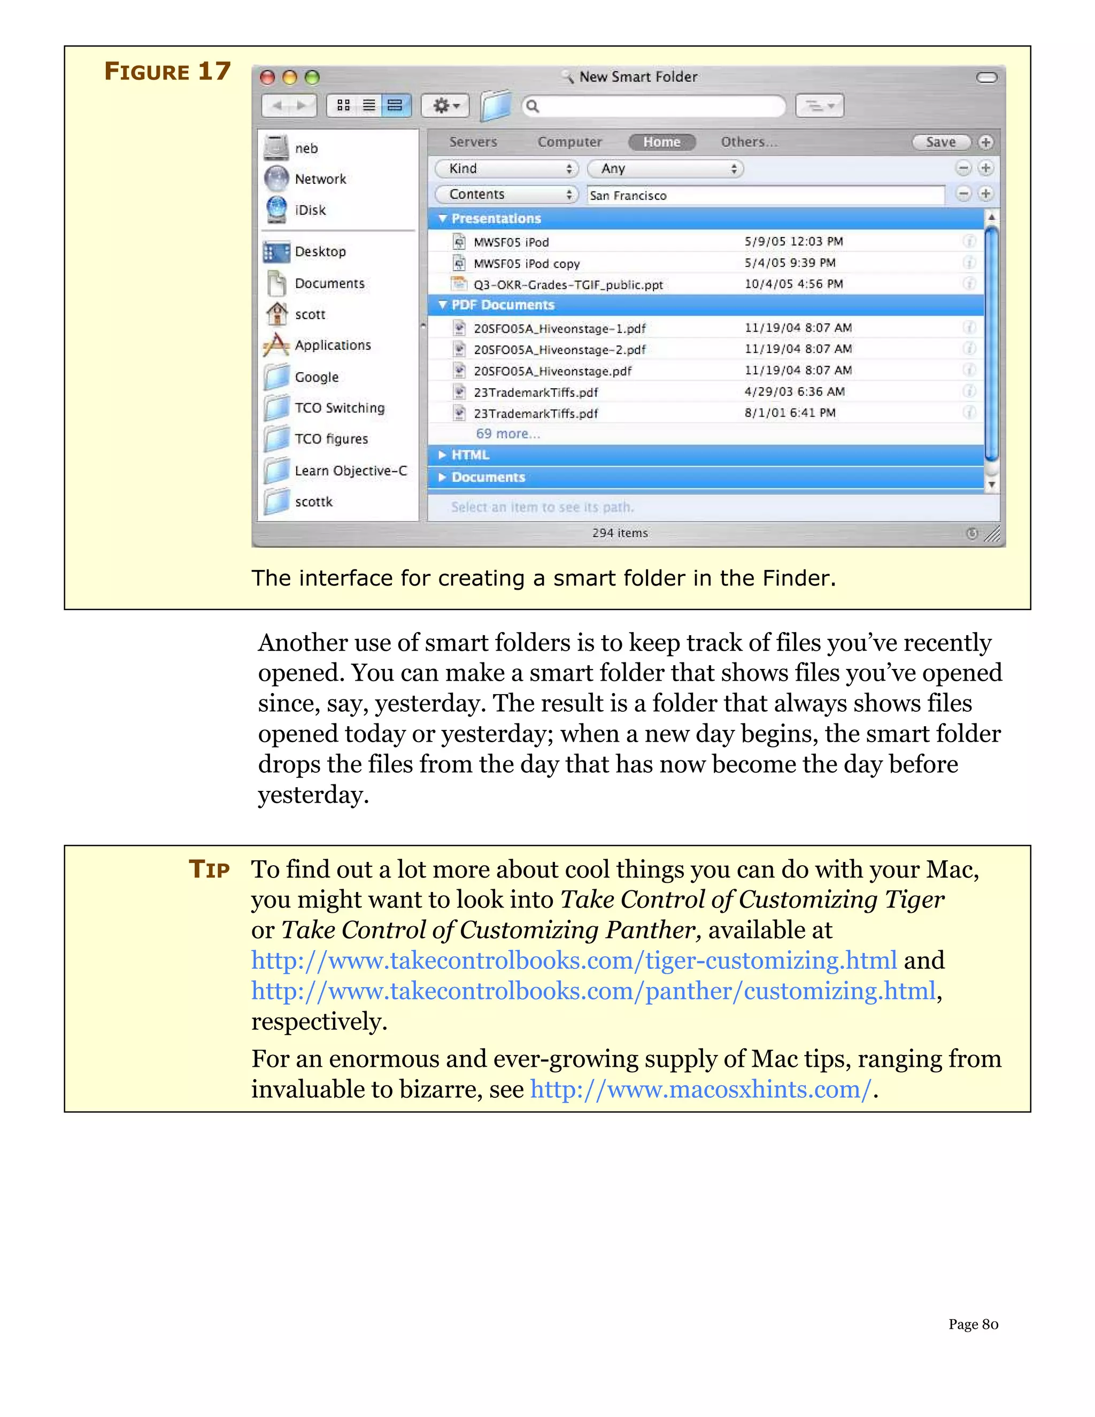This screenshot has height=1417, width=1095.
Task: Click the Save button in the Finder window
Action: pos(940,142)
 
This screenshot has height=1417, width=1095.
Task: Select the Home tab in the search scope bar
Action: pos(662,142)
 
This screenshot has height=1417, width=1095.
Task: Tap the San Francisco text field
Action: pos(766,195)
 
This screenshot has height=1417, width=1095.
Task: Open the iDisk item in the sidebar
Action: pos(310,210)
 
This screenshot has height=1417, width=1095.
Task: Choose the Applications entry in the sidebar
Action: pos(332,345)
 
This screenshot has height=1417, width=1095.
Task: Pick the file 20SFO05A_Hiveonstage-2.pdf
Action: pos(559,350)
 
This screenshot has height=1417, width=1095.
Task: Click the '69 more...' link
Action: pos(508,434)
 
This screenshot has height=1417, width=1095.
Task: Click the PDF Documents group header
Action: pos(503,305)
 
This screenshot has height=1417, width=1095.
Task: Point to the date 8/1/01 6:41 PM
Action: pos(790,413)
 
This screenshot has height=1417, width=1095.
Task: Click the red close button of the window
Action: pos(267,78)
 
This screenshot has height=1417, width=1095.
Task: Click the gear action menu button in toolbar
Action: pos(445,106)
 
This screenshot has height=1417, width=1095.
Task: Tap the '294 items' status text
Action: pos(620,533)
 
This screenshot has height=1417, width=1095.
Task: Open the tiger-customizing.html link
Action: pos(574,961)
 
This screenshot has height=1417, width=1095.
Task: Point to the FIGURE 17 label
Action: pos(167,71)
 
